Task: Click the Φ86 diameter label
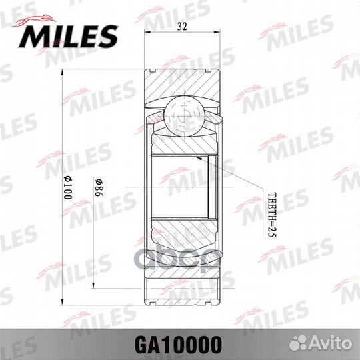pos(98,189)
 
